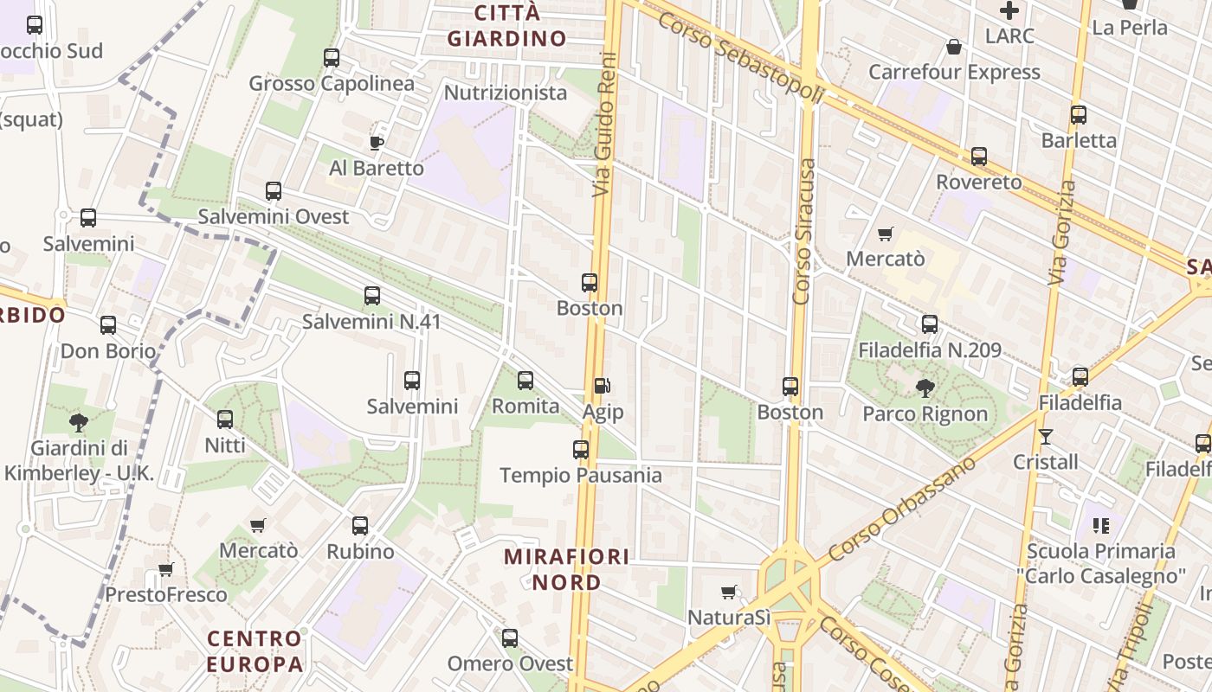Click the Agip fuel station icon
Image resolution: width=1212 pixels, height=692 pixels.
pos(602,386)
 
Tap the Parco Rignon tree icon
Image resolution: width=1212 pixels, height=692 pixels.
pos(925,388)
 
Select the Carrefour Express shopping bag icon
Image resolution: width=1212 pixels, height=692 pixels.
pos(954,47)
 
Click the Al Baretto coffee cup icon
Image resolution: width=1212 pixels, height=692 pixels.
pos(377,143)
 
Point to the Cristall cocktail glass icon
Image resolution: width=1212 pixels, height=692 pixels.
pos(1046,437)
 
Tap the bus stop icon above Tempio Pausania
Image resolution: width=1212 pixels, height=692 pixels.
pos(581,450)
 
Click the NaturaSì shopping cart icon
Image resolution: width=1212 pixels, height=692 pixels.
pos(728,593)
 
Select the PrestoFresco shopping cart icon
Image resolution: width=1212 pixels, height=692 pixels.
pos(165,570)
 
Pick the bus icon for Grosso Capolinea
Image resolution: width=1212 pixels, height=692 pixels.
pos(332,58)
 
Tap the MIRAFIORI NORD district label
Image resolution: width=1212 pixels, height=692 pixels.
pos(567,569)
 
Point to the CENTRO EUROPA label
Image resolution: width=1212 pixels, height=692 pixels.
pos(255,651)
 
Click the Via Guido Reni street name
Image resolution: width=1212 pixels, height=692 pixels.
pos(604,124)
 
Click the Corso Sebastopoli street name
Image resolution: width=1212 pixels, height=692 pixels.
pos(740,57)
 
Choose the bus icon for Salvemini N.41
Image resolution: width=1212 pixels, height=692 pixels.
pos(372,296)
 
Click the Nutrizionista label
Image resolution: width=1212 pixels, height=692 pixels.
pos(506,93)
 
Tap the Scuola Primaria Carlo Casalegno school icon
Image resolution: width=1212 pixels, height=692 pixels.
pos(1101,525)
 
